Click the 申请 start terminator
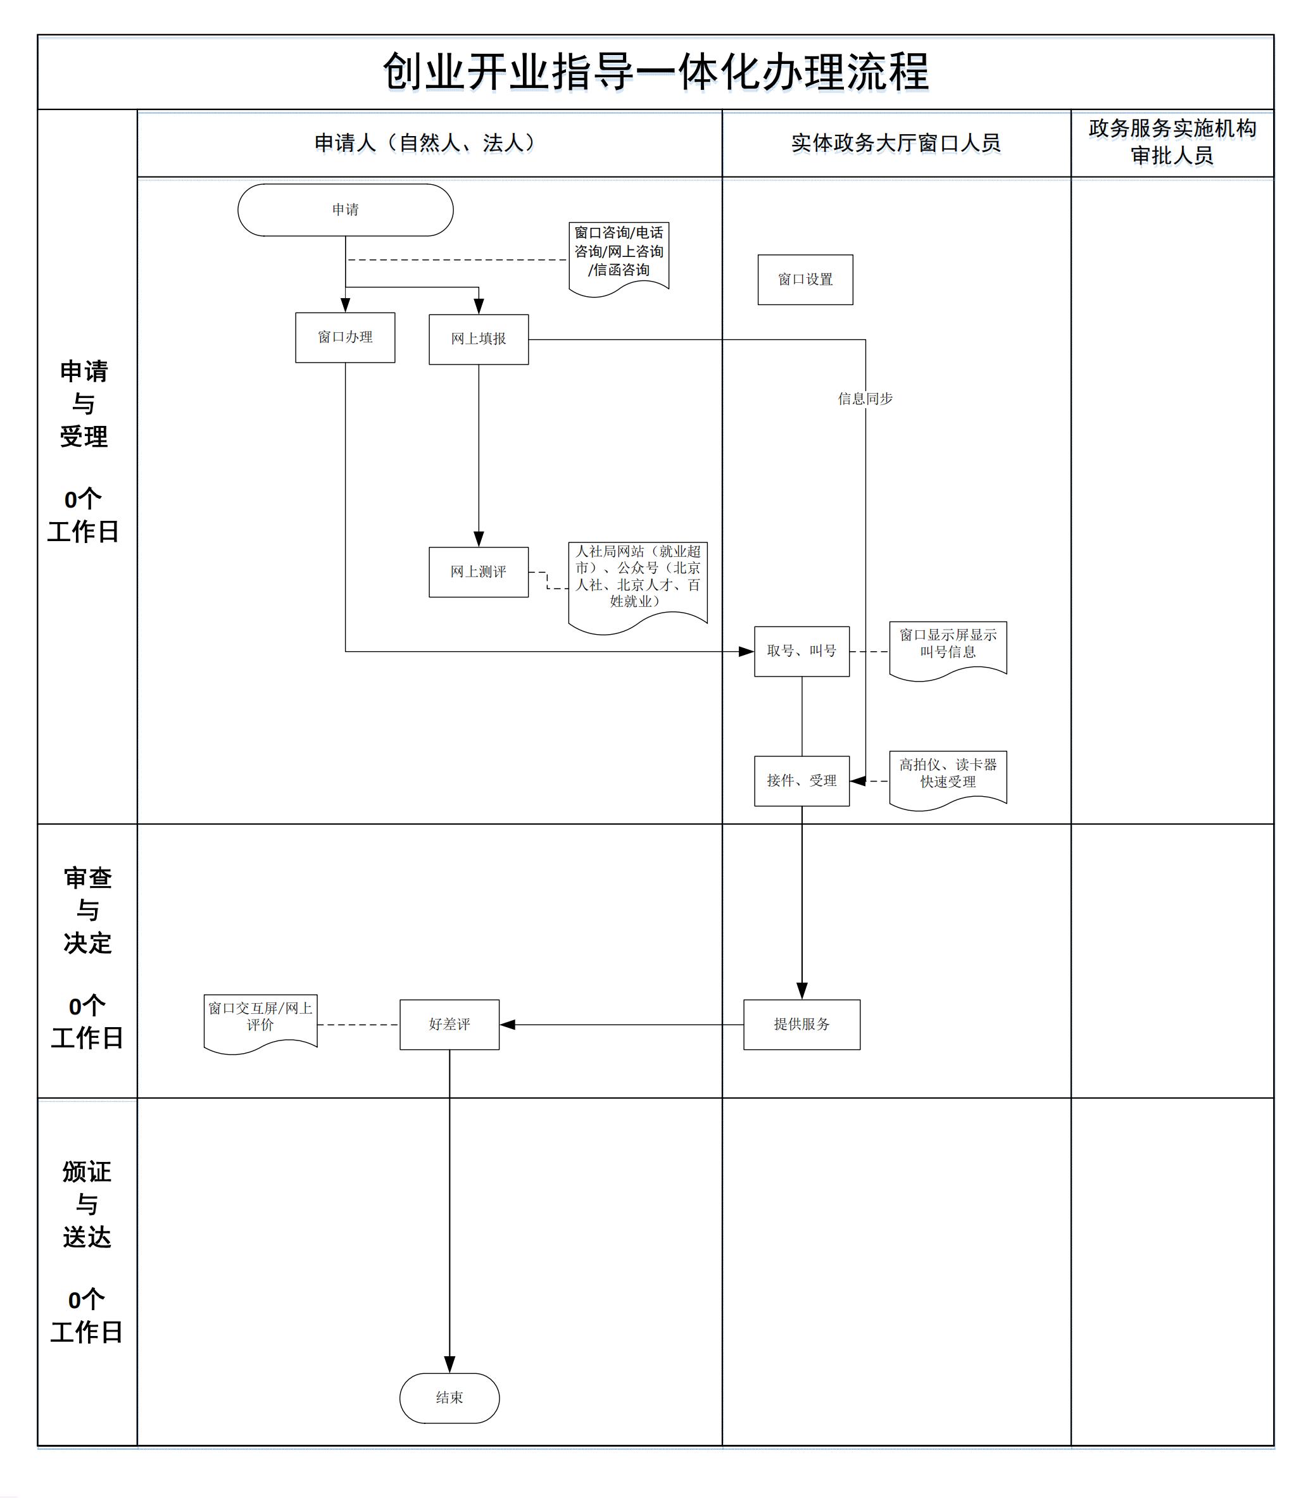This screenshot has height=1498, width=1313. (345, 210)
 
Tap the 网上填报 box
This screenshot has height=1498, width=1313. (479, 339)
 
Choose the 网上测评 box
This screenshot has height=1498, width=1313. (479, 571)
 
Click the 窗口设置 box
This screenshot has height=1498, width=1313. (805, 279)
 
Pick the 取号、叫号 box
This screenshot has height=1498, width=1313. (801, 651)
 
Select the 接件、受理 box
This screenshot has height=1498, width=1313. (801, 781)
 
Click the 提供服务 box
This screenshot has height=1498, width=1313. (801, 1024)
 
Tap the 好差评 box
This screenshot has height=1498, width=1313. (449, 1024)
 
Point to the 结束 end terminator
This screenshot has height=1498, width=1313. (449, 1397)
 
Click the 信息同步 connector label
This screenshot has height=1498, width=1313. (865, 399)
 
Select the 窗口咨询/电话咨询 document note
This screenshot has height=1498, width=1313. (619, 253)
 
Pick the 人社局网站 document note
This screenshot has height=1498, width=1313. (638, 578)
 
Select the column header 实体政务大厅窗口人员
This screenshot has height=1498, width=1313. (895, 143)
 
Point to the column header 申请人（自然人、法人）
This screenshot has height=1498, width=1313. (428, 143)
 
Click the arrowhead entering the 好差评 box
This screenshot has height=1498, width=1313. (508, 1025)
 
